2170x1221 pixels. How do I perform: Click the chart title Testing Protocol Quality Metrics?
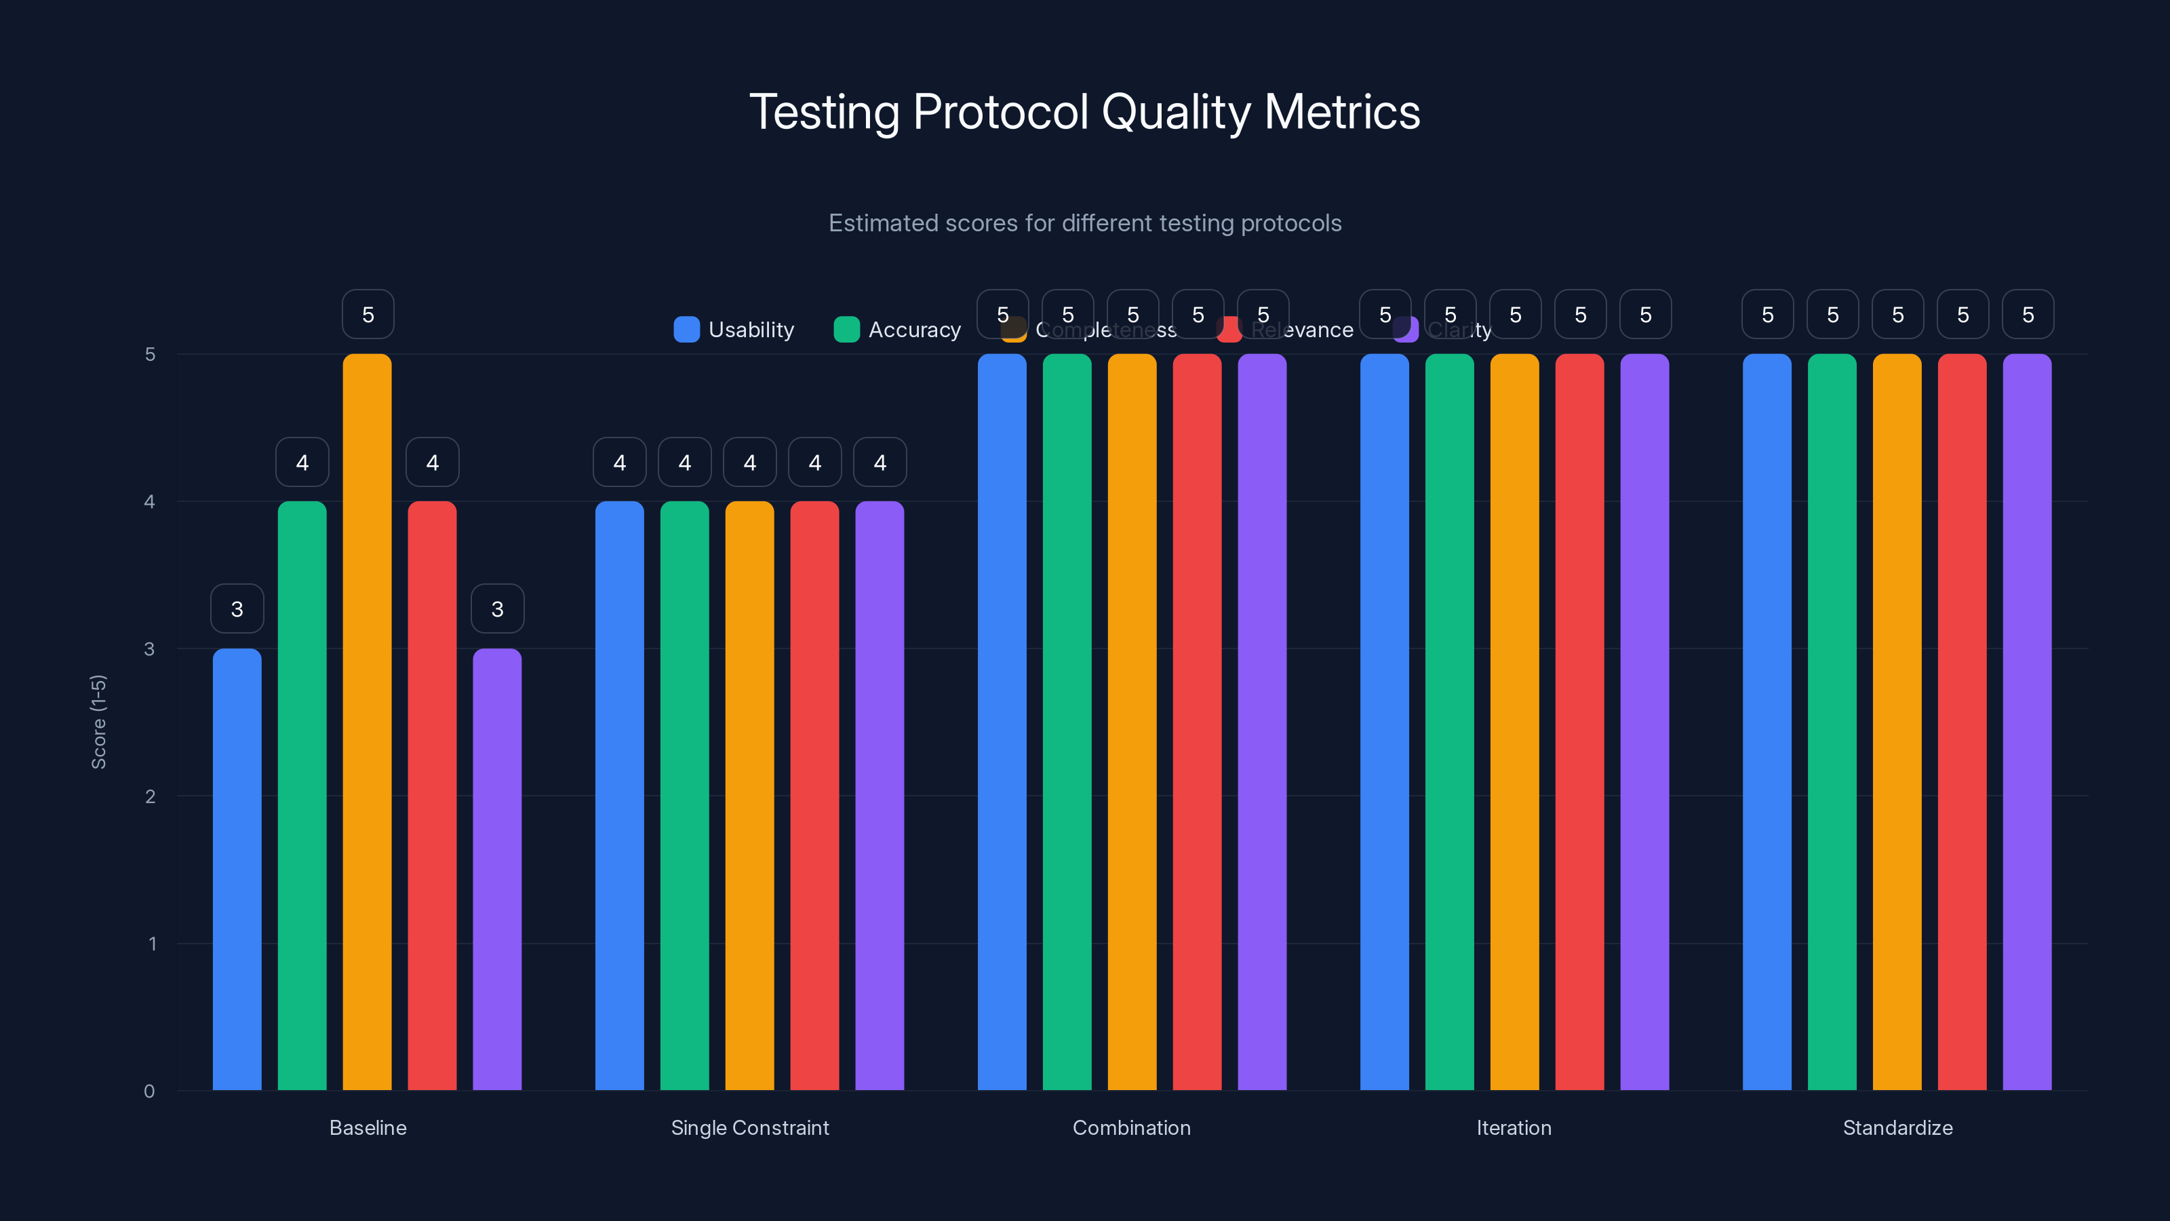(x=1085, y=112)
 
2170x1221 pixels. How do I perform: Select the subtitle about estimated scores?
(x=1085, y=223)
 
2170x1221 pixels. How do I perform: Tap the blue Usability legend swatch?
(x=686, y=330)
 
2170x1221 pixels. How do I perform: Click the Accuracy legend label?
(x=914, y=330)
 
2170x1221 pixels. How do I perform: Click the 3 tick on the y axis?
(x=150, y=649)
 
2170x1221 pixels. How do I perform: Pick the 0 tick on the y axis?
(x=150, y=1091)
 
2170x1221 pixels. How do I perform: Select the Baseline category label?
(x=368, y=1127)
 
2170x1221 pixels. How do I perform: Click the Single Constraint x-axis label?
(x=750, y=1127)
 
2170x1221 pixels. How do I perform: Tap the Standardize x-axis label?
(x=1897, y=1127)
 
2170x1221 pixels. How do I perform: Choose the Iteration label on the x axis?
(x=1514, y=1127)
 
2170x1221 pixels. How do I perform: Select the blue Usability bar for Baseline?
(x=237, y=869)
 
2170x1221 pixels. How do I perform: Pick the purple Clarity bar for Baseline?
(x=497, y=869)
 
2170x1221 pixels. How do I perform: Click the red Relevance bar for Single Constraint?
(x=814, y=796)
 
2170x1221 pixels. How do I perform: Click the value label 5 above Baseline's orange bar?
(x=368, y=314)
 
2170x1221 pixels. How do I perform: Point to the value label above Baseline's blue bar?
(x=237, y=608)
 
